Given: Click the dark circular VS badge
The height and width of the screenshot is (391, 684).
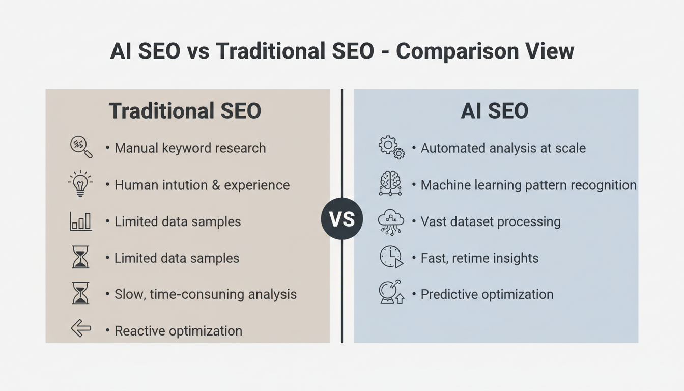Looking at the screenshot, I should point(341,219).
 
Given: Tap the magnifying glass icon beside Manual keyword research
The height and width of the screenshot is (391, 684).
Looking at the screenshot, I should point(81,147).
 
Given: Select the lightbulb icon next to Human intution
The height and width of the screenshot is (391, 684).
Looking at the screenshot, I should point(80,184).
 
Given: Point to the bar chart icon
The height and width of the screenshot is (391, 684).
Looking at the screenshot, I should point(80,221).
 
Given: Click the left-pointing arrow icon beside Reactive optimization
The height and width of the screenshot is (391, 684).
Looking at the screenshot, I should point(80,329).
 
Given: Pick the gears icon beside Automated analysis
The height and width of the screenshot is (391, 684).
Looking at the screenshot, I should point(391,147).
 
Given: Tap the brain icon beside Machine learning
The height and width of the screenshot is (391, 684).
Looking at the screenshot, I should point(390,184).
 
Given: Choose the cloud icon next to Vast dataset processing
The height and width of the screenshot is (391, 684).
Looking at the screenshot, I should point(391,221).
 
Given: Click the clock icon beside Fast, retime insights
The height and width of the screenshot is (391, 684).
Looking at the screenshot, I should point(391,257).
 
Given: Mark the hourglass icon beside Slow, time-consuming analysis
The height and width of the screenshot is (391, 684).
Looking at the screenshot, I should point(80,294).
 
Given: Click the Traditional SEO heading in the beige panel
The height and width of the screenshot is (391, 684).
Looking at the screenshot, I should point(185,111).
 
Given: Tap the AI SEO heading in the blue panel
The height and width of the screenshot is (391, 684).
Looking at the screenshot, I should point(494,111).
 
